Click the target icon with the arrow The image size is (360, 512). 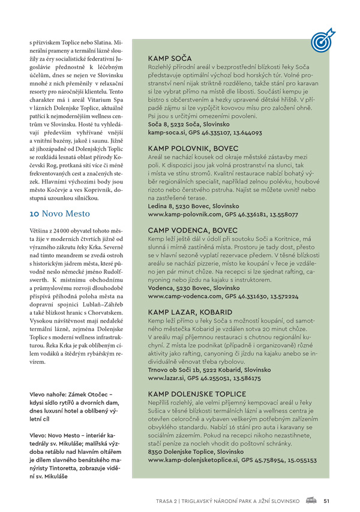(323, 39)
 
